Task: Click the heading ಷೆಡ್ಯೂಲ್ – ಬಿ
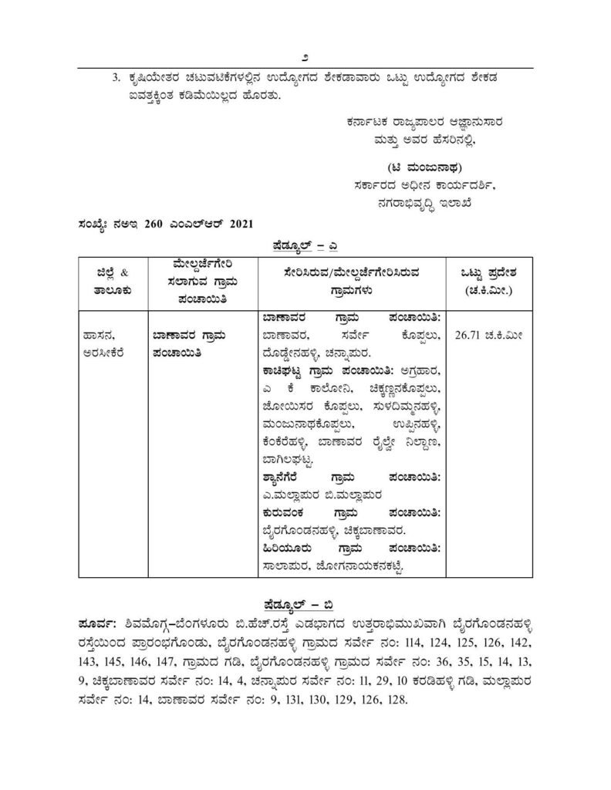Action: click(305, 602)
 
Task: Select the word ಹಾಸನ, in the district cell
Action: click(100, 336)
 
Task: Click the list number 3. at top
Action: click(116, 78)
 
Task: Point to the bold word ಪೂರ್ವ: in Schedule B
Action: click(97, 621)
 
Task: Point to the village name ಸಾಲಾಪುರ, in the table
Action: click(285, 566)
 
